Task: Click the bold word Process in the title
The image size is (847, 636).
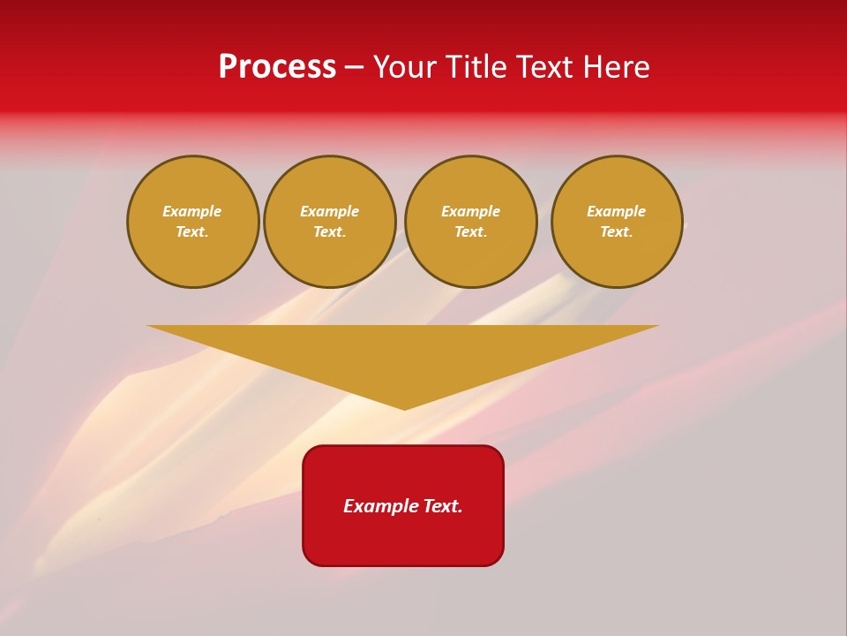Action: [x=277, y=67]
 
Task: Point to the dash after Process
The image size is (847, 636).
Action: [x=354, y=68]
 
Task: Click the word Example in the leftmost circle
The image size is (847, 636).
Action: [x=192, y=211]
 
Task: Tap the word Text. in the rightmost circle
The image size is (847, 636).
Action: [x=617, y=232]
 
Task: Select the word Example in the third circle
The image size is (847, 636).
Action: [x=471, y=211]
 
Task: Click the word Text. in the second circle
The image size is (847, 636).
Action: [x=330, y=232]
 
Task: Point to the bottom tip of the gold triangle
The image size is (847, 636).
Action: [x=405, y=407]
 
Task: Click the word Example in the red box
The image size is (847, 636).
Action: [x=381, y=506]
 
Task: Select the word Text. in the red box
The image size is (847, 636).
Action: [x=443, y=506]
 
